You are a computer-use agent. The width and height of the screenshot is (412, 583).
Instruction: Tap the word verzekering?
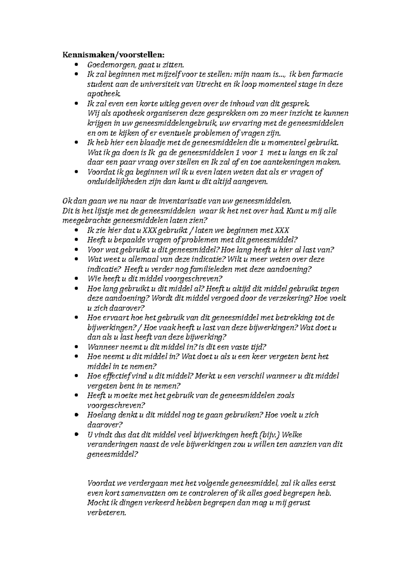pos(286,298)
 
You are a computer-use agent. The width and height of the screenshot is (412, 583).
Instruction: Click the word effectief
pos(117,376)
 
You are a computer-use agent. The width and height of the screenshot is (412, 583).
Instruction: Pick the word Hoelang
pos(101,415)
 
